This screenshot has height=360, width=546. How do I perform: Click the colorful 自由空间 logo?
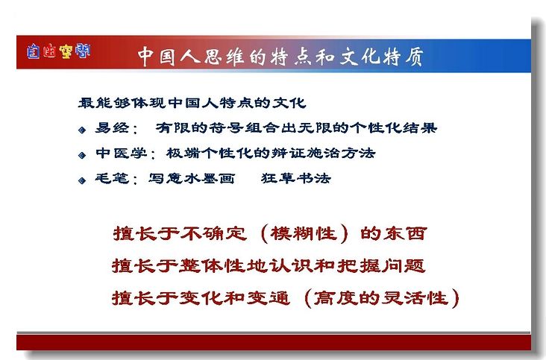point(58,51)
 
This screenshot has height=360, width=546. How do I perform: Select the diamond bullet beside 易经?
point(82,130)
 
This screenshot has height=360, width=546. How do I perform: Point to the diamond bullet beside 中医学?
point(82,155)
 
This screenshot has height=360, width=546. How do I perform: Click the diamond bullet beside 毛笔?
point(82,180)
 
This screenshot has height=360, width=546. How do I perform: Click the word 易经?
point(112,127)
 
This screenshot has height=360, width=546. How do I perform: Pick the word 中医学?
point(121,153)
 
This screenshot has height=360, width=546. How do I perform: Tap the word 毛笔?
point(112,178)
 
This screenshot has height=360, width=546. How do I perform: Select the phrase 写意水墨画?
point(192,178)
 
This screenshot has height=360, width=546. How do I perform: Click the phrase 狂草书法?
point(295,178)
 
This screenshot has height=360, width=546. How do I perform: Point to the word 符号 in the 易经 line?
point(226,127)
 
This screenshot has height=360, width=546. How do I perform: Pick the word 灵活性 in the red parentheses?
point(415,298)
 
